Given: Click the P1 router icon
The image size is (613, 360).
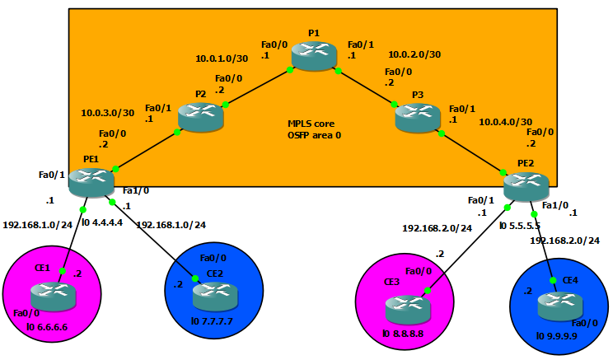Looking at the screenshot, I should (x=314, y=57).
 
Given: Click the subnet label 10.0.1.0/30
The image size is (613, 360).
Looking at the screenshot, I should (x=222, y=58).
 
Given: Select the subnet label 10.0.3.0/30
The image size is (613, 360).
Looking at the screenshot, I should (x=107, y=112).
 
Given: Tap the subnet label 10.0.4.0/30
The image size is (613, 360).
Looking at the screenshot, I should (x=505, y=121).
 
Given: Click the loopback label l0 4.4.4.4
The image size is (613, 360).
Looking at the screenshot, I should (x=104, y=222).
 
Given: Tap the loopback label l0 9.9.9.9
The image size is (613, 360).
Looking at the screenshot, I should (x=557, y=335).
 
